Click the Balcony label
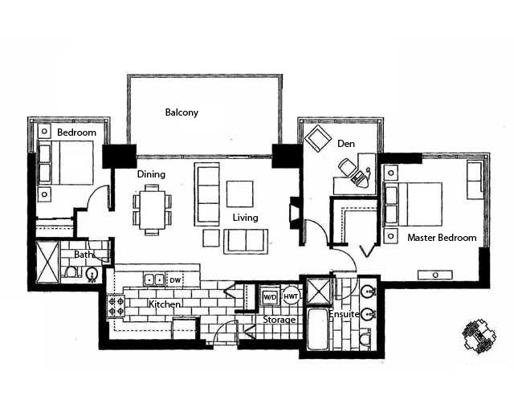(182, 112)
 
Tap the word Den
(346, 144)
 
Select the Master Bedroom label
(442, 238)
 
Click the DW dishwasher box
(175, 280)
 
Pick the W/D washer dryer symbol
(270, 297)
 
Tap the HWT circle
(291, 296)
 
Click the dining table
(153, 210)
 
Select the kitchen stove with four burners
(116, 306)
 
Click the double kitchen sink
(153, 279)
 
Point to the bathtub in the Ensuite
(317, 328)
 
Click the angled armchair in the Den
(317, 138)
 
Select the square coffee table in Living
(239, 194)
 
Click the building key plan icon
(479, 337)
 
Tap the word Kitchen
(164, 304)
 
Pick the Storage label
(279, 320)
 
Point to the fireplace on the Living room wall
(294, 213)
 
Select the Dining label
(151, 174)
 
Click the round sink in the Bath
(92, 275)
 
